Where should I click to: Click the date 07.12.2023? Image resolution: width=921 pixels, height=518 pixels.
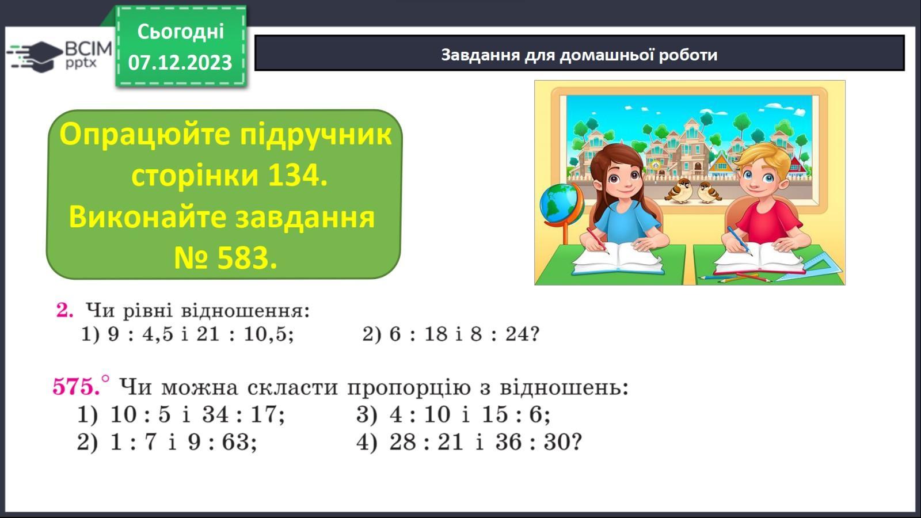[180, 63]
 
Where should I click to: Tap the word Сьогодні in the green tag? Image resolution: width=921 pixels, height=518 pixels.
[181, 32]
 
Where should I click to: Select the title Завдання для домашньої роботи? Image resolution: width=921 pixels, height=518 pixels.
[579, 55]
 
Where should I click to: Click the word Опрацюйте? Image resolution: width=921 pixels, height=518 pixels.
[144, 135]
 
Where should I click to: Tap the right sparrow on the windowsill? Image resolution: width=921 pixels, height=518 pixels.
[708, 192]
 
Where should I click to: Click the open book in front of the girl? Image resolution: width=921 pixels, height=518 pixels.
[618, 259]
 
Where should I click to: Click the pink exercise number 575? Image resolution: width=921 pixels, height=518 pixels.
[76, 387]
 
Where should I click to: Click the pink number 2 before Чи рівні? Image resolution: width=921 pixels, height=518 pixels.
[64, 310]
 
